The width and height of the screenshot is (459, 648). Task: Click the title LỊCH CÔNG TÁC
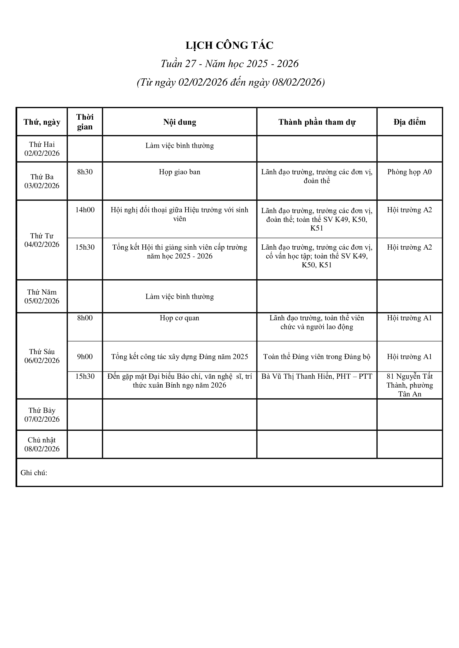pyautogui.click(x=229, y=45)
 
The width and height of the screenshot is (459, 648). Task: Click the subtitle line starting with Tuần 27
pyautogui.click(x=229, y=64)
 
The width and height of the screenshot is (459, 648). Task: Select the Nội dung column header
pyautogui.click(x=180, y=122)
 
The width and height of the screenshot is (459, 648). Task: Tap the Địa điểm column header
pyautogui.click(x=409, y=122)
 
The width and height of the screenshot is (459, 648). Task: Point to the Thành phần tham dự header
pyautogui.click(x=317, y=122)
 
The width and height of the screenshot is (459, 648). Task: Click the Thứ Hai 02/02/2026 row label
pyautogui.click(x=42, y=149)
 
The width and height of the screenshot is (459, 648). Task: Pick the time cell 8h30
pyautogui.click(x=85, y=172)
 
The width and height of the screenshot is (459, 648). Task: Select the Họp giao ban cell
pyautogui.click(x=180, y=172)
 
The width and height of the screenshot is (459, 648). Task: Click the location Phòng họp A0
pyautogui.click(x=409, y=172)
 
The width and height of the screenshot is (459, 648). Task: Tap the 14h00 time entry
pyautogui.click(x=85, y=210)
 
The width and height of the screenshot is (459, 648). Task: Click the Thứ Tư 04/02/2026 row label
pyautogui.click(x=42, y=240)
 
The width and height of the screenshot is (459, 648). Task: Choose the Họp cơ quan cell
pyautogui.click(x=180, y=318)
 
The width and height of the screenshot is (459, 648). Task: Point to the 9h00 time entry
pyautogui.click(x=85, y=357)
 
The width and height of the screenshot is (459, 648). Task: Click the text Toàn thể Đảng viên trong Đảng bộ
pyautogui.click(x=317, y=357)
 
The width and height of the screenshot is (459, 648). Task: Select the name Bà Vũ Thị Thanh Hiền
pyautogui.click(x=297, y=376)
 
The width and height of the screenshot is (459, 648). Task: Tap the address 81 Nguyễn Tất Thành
pyautogui.click(x=409, y=381)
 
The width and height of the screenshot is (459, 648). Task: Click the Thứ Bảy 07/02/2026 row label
pyautogui.click(x=42, y=415)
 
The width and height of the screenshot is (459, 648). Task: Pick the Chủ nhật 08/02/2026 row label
pyautogui.click(x=42, y=444)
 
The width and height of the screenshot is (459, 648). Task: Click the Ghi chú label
pyautogui.click(x=34, y=473)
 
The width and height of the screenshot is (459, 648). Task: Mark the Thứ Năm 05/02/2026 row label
pyautogui.click(x=42, y=296)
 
